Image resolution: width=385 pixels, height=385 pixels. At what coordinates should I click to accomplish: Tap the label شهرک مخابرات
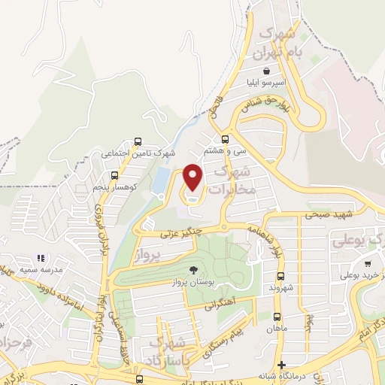coord(236,181)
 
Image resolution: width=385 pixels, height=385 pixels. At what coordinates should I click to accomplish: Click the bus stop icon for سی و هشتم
coord(226,139)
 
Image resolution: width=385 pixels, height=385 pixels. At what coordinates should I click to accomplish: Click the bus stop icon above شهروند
coord(280,276)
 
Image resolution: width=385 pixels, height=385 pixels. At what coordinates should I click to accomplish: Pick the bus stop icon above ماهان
coord(277,317)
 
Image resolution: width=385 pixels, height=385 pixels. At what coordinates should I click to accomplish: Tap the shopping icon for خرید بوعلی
coord(368,263)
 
